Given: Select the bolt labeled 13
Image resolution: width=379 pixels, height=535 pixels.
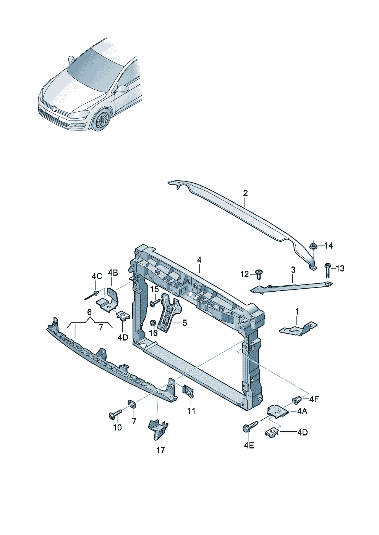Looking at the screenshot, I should click(327, 270).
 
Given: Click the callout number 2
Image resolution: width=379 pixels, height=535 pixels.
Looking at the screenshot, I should click(245, 193).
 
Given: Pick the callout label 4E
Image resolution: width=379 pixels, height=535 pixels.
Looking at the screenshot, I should click(249, 445).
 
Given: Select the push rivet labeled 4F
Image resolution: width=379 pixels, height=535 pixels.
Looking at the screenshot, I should click(296, 399).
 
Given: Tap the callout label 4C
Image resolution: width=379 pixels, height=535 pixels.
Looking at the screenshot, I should click(97, 276).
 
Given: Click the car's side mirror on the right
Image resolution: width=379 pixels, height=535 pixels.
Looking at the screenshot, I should click(122, 89).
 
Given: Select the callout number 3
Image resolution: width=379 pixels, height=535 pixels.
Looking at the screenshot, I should click(293, 270).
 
